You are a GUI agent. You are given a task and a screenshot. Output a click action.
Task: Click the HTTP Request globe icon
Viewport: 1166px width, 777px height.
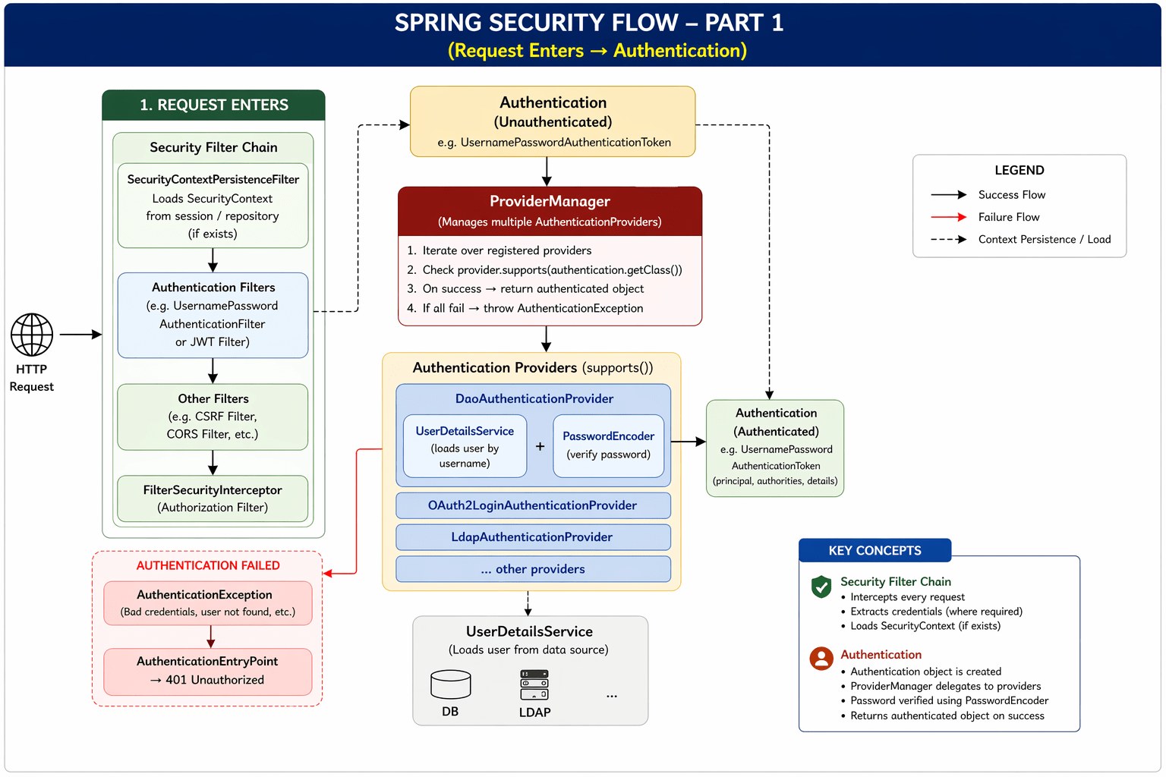(32, 335)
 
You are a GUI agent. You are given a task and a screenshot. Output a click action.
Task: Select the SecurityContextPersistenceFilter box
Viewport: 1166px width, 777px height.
(213, 206)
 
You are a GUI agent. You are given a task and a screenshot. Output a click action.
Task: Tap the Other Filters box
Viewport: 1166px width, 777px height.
(213, 417)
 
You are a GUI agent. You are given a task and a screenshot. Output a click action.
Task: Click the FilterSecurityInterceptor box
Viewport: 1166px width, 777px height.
(213, 499)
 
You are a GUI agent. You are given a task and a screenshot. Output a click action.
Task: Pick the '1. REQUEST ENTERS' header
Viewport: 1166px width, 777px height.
(213, 105)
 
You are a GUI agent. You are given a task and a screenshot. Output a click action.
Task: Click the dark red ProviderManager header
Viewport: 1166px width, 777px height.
(550, 211)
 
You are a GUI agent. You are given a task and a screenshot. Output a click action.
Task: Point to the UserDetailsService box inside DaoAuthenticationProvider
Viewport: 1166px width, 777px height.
(465, 446)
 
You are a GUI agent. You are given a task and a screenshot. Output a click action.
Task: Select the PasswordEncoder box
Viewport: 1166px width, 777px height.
(608, 446)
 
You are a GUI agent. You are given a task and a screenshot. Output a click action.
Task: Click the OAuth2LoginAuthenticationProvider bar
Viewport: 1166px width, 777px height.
(533, 505)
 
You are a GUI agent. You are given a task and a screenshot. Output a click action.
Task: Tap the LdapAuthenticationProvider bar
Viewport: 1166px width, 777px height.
(533, 537)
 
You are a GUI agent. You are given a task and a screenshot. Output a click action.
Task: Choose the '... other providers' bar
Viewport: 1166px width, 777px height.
(533, 569)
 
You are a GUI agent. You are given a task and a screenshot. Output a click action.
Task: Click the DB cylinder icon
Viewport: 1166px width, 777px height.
(450, 684)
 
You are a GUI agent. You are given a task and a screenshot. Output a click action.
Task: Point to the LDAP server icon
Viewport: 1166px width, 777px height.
(534, 684)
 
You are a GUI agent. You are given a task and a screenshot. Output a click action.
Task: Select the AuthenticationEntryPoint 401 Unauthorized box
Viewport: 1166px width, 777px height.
(208, 672)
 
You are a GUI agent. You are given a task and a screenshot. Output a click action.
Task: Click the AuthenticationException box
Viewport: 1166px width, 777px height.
(208, 603)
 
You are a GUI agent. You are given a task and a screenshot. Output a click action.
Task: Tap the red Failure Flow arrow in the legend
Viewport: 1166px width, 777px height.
(948, 217)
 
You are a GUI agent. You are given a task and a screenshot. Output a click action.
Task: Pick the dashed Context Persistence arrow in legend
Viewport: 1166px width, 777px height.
(948, 239)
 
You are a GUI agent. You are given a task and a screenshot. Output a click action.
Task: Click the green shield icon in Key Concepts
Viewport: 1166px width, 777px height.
(821, 587)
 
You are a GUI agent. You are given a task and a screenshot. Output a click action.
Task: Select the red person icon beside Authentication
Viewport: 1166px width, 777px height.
(821, 658)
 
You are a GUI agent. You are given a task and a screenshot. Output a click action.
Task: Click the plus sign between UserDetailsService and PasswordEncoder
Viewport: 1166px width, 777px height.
(540, 446)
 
